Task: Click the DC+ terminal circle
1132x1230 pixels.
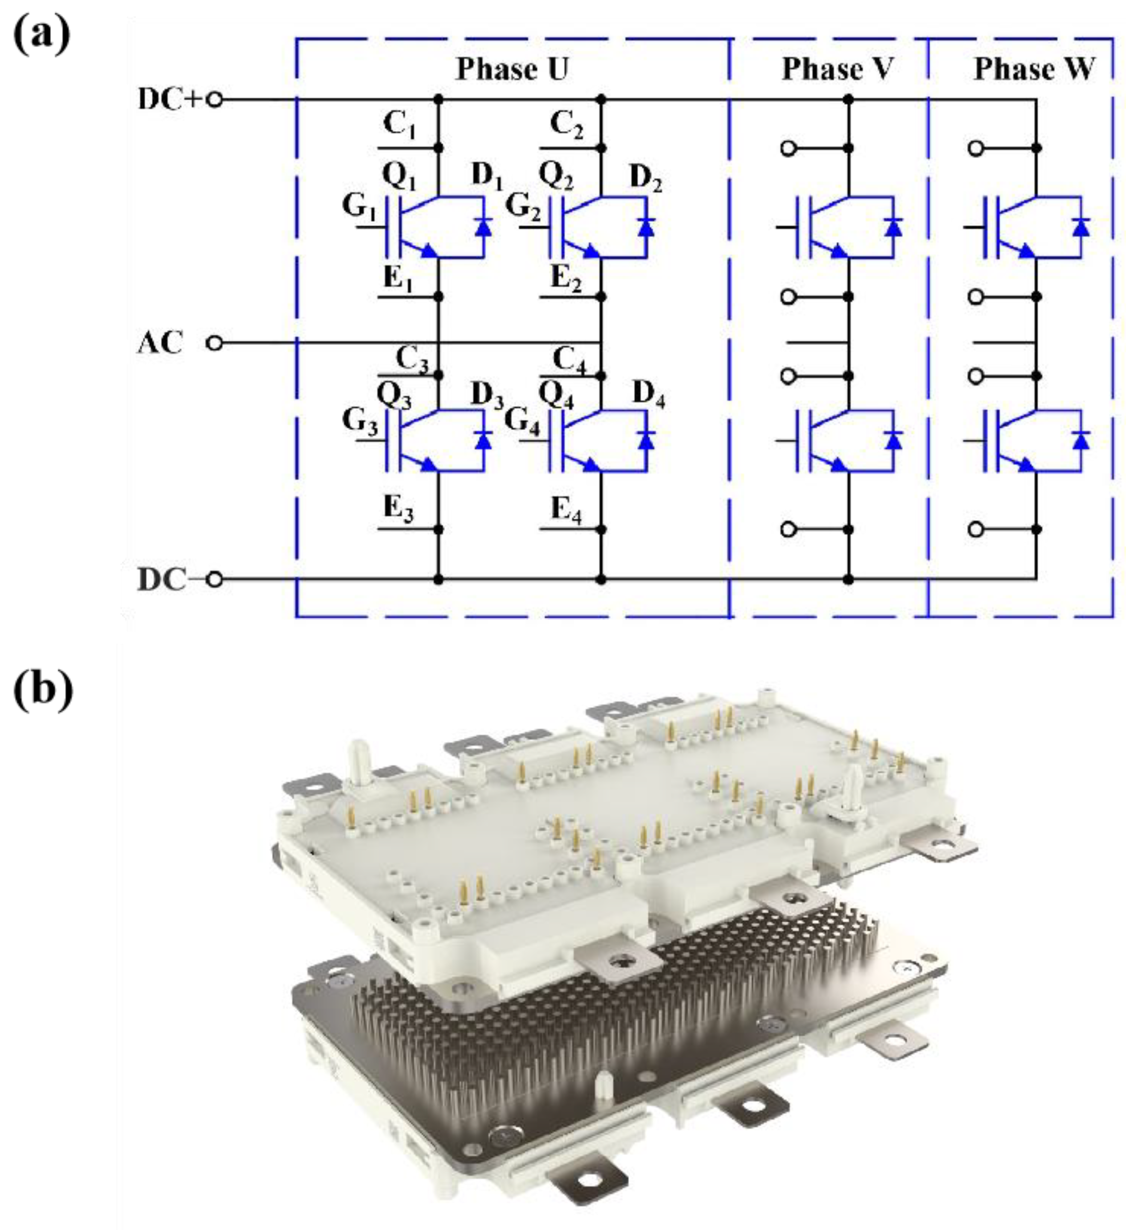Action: pos(214,100)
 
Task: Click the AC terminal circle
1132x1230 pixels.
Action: pos(214,343)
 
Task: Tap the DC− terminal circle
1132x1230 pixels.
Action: pos(214,579)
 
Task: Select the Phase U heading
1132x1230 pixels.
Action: pos(512,69)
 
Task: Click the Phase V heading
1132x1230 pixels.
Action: pos(837,69)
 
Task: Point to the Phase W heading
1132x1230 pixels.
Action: pos(1033,69)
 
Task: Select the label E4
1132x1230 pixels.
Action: pos(566,509)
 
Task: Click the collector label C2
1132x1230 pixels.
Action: pos(567,125)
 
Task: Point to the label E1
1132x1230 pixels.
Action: pos(399,279)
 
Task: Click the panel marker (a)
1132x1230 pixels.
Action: pos(42,35)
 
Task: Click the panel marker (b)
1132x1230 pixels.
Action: pos(43,690)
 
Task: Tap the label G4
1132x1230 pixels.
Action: pos(523,421)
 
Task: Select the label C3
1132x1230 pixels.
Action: pos(412,359)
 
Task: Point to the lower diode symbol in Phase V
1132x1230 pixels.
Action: pos(893,440)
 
